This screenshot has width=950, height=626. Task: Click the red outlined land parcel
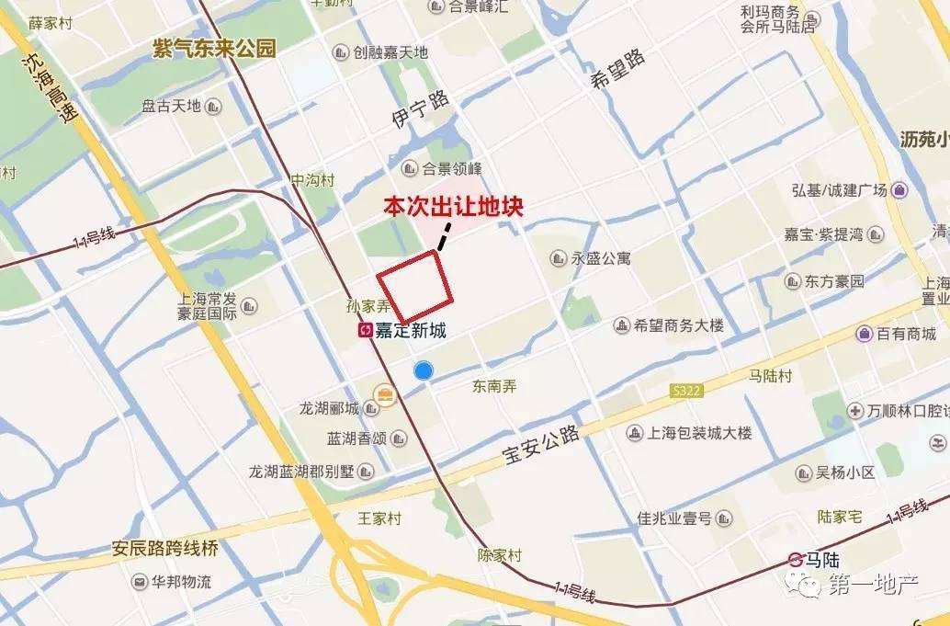(x=415, y=285)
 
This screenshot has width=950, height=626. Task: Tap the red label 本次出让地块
(x=453, y=207)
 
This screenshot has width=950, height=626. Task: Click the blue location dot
(x=423, y=370)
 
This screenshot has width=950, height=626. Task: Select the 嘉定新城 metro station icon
(x=365, y=331)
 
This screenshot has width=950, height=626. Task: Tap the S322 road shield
(x=685, y=392)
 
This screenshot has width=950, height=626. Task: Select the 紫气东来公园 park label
(x=214, y=49)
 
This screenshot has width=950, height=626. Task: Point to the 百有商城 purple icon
(x=864, y=334)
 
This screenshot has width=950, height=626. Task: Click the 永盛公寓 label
(x=601, y=259)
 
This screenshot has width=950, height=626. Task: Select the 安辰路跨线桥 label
(x=165, y=549)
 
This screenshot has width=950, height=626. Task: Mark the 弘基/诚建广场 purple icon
(x=899, y=190)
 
